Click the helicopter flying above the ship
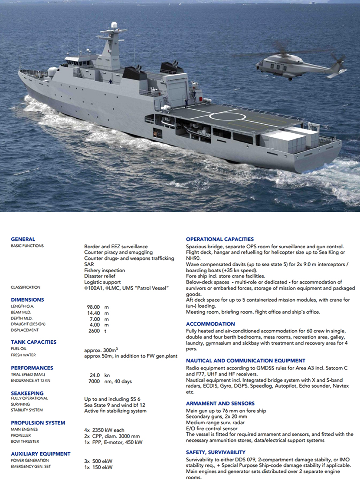pyautogui.click(x=299, y=64)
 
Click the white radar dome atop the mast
pyautogui.click(x=114, y=25)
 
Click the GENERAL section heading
pyautogui.click(x=23, y=239)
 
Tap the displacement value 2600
pyautogui.click(x=94, y=331)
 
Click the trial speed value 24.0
pyautogui.click(x=95, y=375)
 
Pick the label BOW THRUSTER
pyautogui.click(x=25, y=441)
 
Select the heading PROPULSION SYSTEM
pyautogui.click(x=38, y=423)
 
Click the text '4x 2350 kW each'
pyautogui.click(x=104, y=430)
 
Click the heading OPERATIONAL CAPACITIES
pyautogui.click(x=219, y=239)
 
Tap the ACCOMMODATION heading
pyautogui.click(x=210, y=324)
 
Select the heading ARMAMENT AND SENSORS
pyautogui.click(x=220, y=403)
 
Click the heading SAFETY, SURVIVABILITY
pyautogui.click(x=216, y=452)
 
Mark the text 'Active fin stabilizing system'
pyautogui.click(x=115, y=411)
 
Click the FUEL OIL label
pyautogui.click(x=19, y=349)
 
